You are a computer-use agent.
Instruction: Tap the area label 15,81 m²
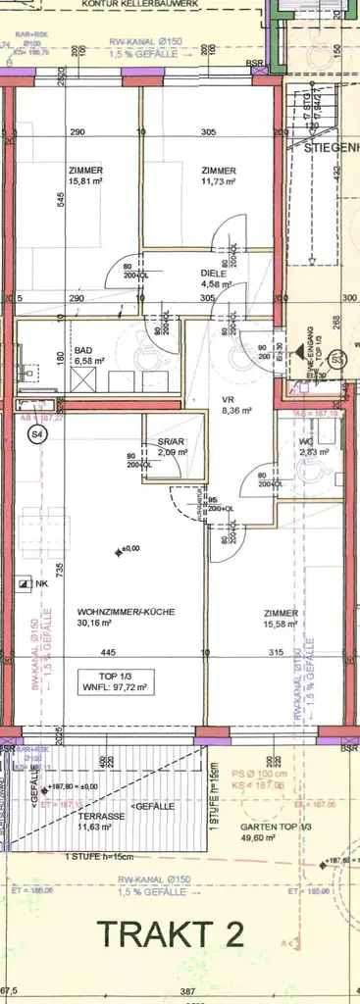coord(85,180)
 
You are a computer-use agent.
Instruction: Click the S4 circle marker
coord(37,432)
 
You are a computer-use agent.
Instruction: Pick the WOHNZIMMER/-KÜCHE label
coord(126,612)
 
